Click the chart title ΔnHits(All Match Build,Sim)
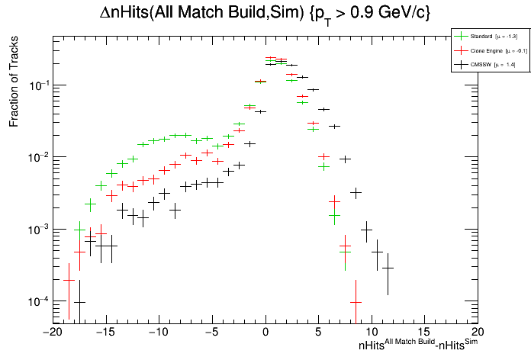pyautogui.click(x=265, y=13)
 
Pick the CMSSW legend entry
pyautogui.click(x=482, y=65)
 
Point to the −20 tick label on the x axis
pyautogui.click(x=51, y=333)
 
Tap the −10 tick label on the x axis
pyautogui.click(x=158, y=333)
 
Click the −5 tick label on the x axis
pyautogui.click(x=211, y=333)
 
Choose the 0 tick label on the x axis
pyautogui.click(x=265, y=333)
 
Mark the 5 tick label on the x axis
pyautogui.click(x=318, y=333)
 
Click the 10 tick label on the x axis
pyautogui.click(x=372, y=333)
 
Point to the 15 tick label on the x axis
pyautogui.click(x=425, y=333)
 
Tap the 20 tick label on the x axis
pyautogui.click(x=478, y=333)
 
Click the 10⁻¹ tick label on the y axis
pyautogui.click(x=37, y=85)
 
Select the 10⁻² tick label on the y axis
pyautogui.click(x=37, y=157)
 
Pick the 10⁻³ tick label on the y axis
pyautogui.click(x=37, y=230)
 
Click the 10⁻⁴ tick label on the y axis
pyautogui.click(x=37, y=301)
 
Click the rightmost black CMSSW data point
pyautogui.click(x=388, y=268)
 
